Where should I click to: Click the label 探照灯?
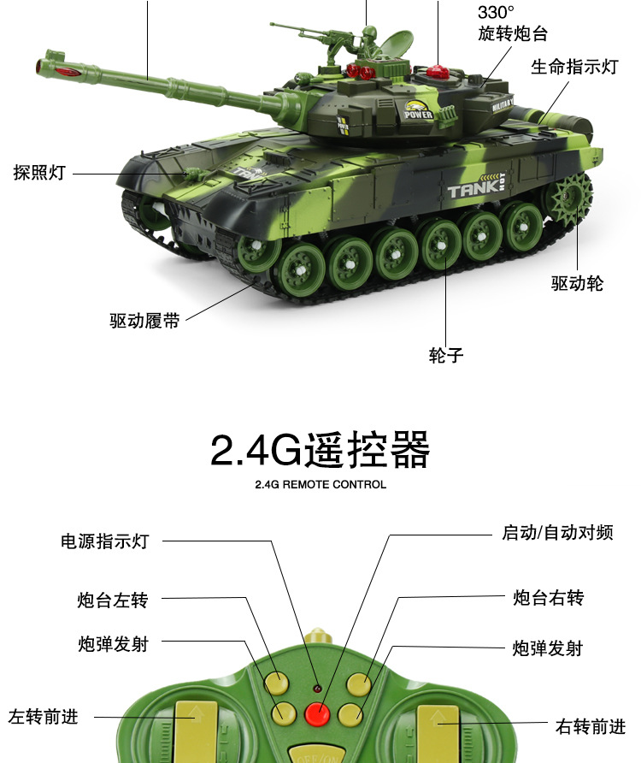point(39,172)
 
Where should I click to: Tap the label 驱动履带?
point(144,322)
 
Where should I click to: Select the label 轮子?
point(445,354)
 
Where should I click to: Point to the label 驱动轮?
point(577,283)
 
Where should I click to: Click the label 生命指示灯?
point(573,67)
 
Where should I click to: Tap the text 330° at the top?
point(497,12)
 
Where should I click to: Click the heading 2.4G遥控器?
point(320,450)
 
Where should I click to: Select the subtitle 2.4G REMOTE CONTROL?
point(320,484)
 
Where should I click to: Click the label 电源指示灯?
point(104,541)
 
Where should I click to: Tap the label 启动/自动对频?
point(557,532)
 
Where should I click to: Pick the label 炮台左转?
point(113,600)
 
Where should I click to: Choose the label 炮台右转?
point(548,598)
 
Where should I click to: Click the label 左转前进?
point(43,716)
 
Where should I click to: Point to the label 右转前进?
point(591,726)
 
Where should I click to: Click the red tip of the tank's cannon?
point(45,65)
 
